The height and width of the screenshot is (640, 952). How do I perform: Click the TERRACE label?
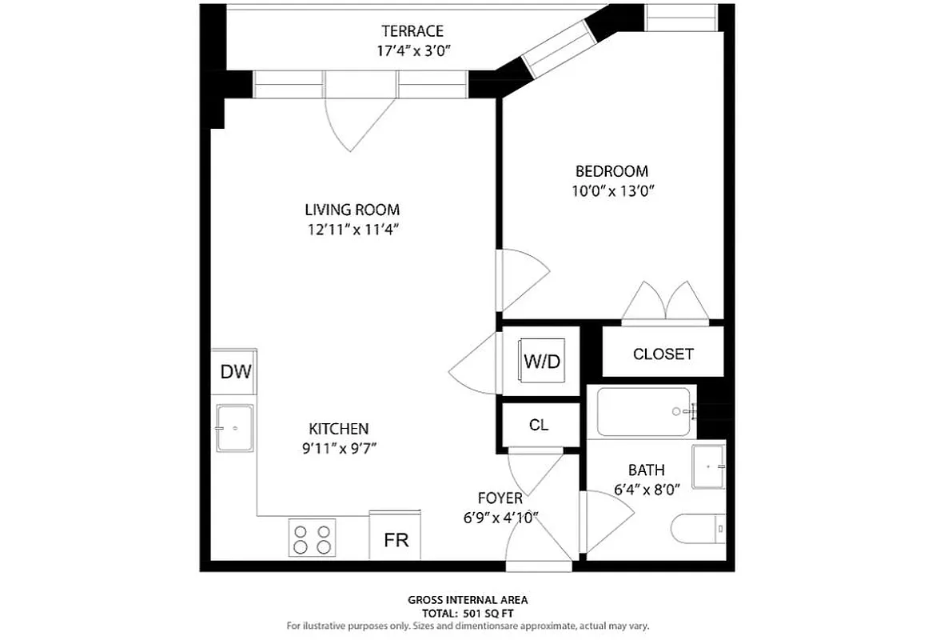tap(412, 31)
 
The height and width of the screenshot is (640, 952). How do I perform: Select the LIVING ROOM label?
tap(352, 210)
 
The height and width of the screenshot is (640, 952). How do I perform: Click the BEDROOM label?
tap(611, 171)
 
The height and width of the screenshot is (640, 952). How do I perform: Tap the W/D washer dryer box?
tap(542, 361)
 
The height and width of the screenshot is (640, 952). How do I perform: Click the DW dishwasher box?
tap(235, 371)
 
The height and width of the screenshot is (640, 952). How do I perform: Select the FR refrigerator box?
tap(396, 538)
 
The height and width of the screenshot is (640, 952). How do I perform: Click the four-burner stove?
tap(312, 538)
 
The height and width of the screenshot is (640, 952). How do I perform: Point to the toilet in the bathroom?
tap(697, 528)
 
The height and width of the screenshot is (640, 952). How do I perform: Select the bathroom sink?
tap(708, 465)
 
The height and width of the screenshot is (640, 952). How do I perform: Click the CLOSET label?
tap(663, 354)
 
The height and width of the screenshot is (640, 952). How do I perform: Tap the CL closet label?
tap(539, 425)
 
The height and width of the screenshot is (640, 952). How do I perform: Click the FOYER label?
tap(500, 498)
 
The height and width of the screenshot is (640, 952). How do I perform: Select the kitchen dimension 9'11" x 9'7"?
tap(339, 448)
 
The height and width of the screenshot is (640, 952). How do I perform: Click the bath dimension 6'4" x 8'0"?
tap(646, 490)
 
